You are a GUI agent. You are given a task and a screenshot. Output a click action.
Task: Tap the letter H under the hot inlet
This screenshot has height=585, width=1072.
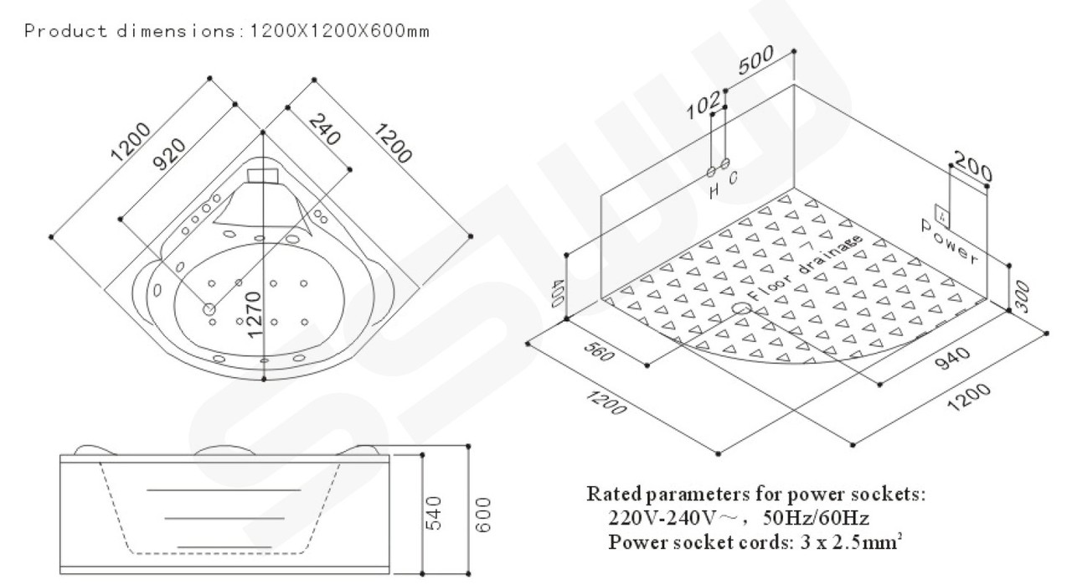click(713, 191)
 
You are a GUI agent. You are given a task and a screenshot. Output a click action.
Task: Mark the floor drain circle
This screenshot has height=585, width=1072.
click(740, 310)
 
